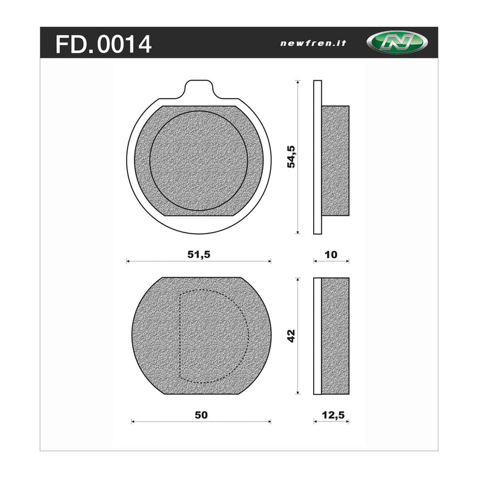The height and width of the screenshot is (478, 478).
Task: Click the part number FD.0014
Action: [103, 44]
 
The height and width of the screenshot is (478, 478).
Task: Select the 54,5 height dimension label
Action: [292, 156]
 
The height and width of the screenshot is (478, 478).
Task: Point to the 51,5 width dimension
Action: [199, 254]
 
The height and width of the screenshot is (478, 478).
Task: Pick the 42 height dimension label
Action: [292, 336]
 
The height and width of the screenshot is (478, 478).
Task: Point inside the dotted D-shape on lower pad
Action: [212, 336]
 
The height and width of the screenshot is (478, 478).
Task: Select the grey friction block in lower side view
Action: [335, 336]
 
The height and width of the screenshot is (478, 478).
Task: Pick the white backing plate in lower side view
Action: [318, 336]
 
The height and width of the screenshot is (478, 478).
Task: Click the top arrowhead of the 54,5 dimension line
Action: [298, 82]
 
